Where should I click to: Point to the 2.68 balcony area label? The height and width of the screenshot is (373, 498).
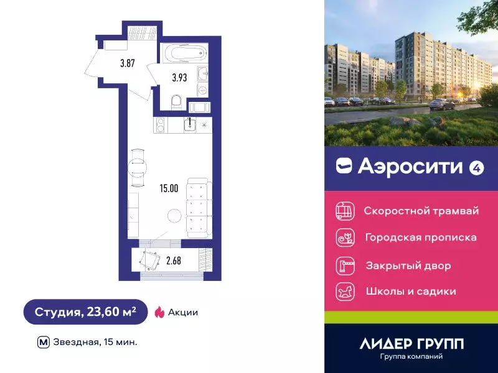pos(173,260)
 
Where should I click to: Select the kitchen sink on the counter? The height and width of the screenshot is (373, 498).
pos(190,124)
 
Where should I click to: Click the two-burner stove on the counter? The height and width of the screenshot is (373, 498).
pos(160,124)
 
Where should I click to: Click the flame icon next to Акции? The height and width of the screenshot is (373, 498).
pos(159,312)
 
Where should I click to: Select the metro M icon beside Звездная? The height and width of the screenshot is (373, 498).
pos(44,341)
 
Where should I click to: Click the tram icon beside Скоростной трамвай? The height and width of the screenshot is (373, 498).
pos(344,211)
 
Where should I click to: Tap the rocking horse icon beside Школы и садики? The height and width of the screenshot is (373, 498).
pos(344,291)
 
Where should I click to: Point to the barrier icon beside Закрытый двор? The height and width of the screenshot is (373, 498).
pos(344,265)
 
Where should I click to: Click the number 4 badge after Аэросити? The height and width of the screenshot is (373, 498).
pos(476,167)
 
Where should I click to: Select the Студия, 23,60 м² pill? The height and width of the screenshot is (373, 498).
pos(85,312)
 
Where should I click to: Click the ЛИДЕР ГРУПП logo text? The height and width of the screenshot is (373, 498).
pos(411,343)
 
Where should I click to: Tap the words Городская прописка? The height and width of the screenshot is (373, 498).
pos(421,237)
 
